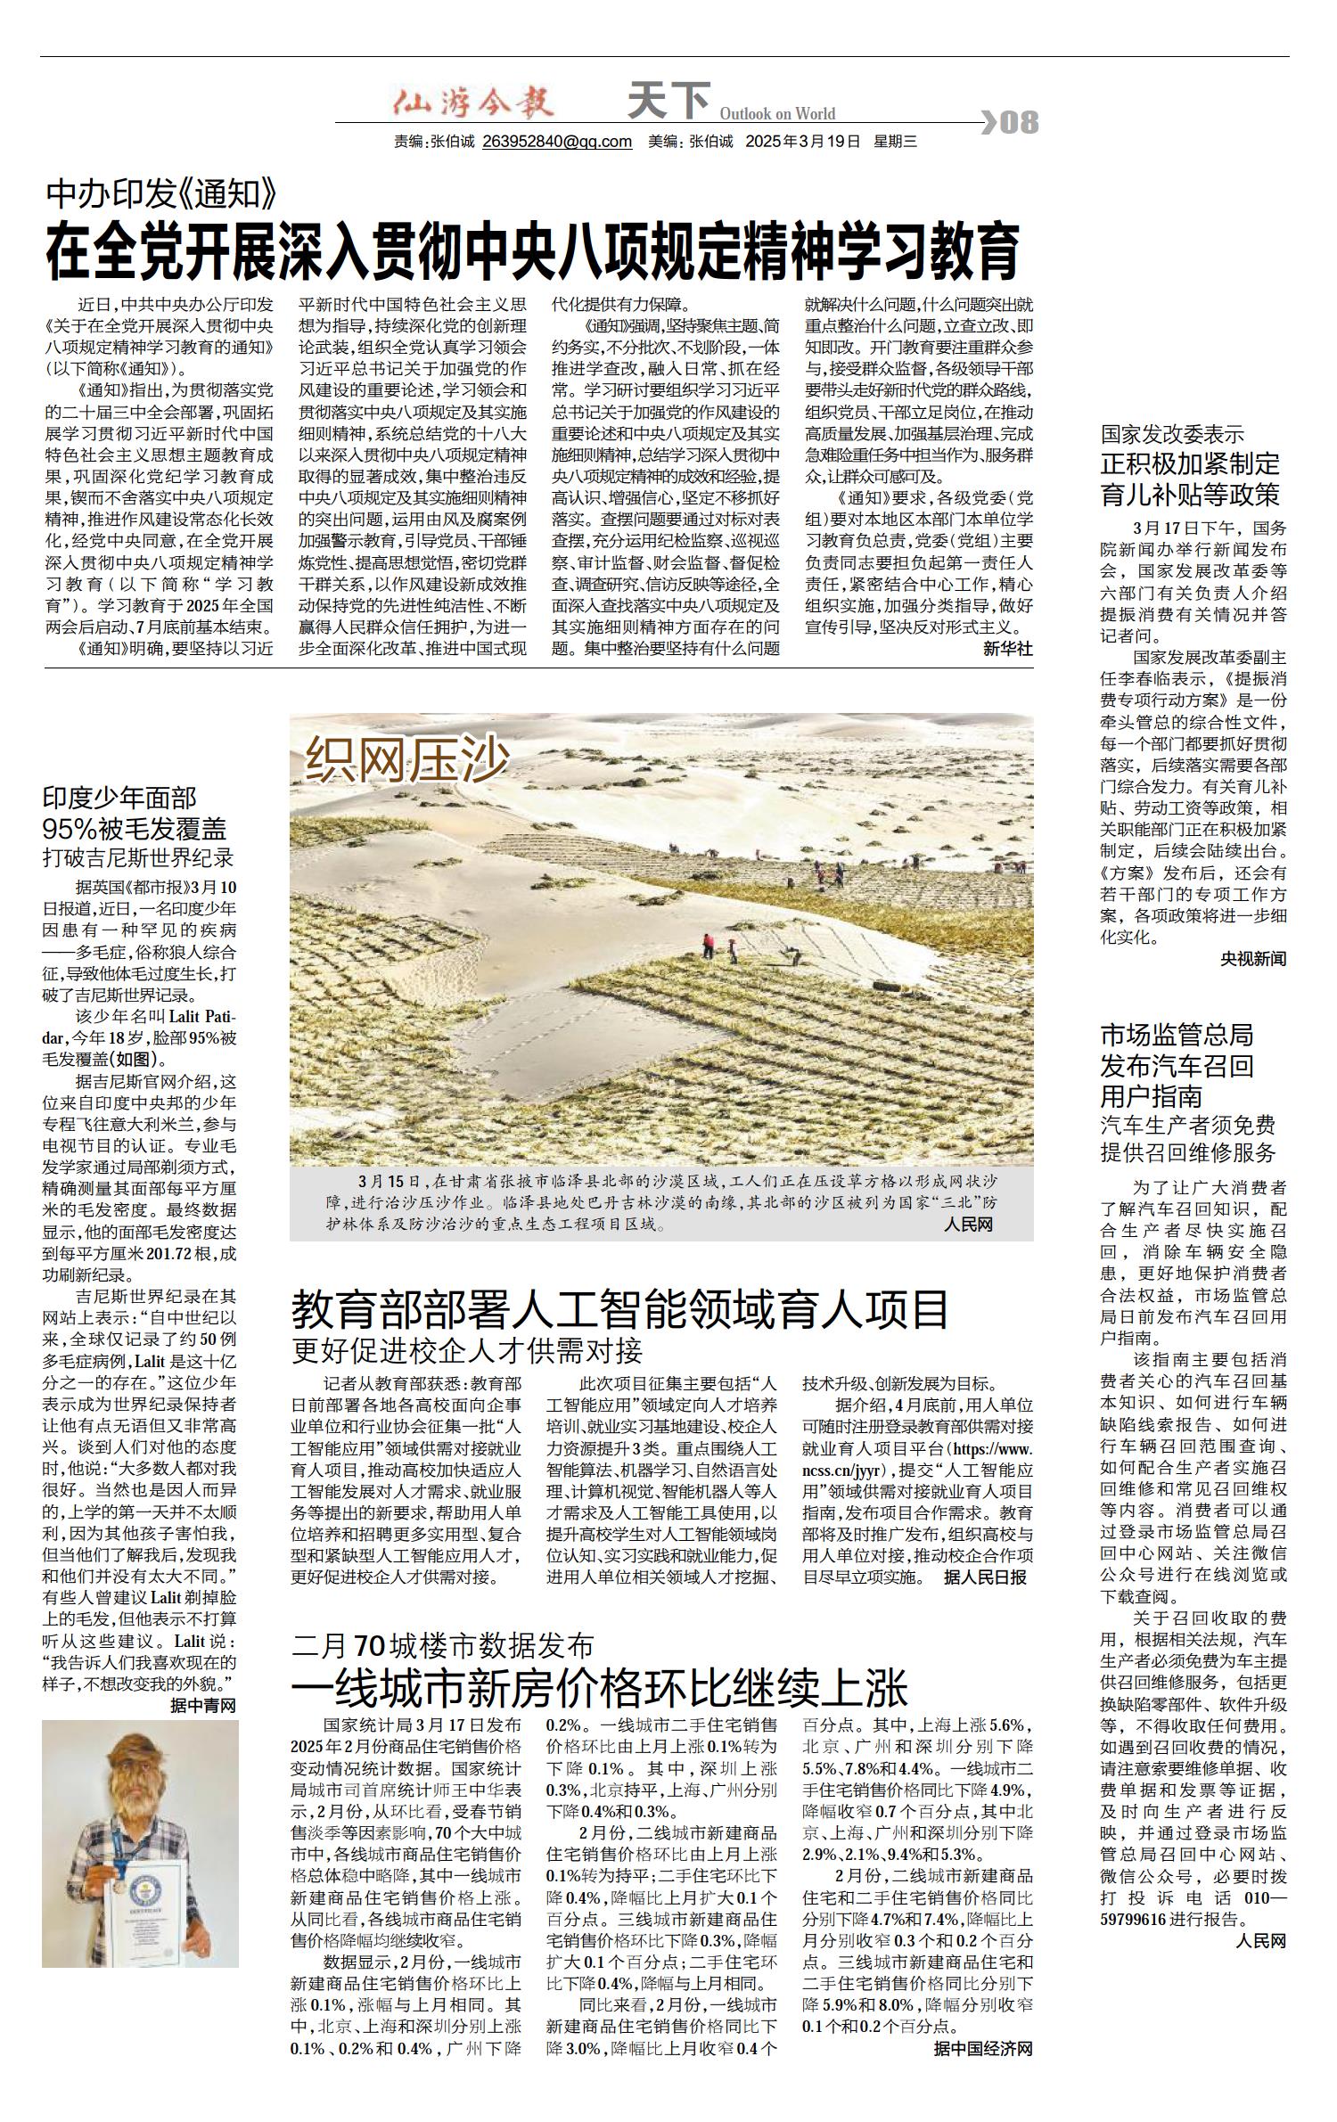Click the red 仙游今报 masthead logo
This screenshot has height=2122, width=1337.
(x=474, y=104)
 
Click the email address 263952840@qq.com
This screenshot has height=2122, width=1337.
(x=557, y=142)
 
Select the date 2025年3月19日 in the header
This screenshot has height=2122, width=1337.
(x=803, y=142)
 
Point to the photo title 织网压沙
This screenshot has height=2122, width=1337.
(x=407, y=760)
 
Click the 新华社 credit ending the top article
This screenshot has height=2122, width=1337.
(x=1007, y=649)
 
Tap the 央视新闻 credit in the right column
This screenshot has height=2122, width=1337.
(x=1253, y=959)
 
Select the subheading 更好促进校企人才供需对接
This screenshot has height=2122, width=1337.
(x=467, y=1350)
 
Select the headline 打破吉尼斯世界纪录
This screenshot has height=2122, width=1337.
(x=138, y=858)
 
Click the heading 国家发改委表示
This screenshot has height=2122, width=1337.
(x=1172, y=434)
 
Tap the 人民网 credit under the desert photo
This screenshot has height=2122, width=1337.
(x=968, y=1225)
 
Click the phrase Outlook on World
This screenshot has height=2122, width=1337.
(x=777, y=113)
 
